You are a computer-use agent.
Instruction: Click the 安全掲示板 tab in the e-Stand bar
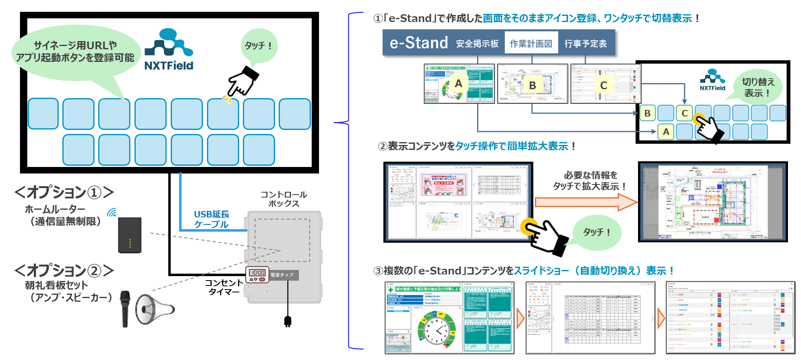[477, 44]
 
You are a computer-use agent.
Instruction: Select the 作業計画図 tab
[531, 44]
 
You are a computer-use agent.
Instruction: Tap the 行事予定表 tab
[585, 44]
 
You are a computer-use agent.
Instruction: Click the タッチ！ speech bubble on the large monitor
[258, 46]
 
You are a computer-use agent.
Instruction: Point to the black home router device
[130, 235]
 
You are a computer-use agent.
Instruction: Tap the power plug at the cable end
[288, 321]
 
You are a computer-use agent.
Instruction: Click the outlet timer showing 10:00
[257, 274]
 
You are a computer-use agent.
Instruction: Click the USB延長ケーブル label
[211, 219]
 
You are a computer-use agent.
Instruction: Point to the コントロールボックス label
[284, 199]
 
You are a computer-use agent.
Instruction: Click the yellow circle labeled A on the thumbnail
[458, 83]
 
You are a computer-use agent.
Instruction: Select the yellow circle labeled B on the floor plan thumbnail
[532, 86]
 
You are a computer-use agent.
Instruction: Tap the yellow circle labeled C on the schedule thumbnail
[603, 86]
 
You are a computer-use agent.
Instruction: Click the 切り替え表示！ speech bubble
[757, 87]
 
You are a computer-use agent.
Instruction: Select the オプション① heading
[64, 192]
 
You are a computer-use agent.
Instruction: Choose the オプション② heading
[64, 270]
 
